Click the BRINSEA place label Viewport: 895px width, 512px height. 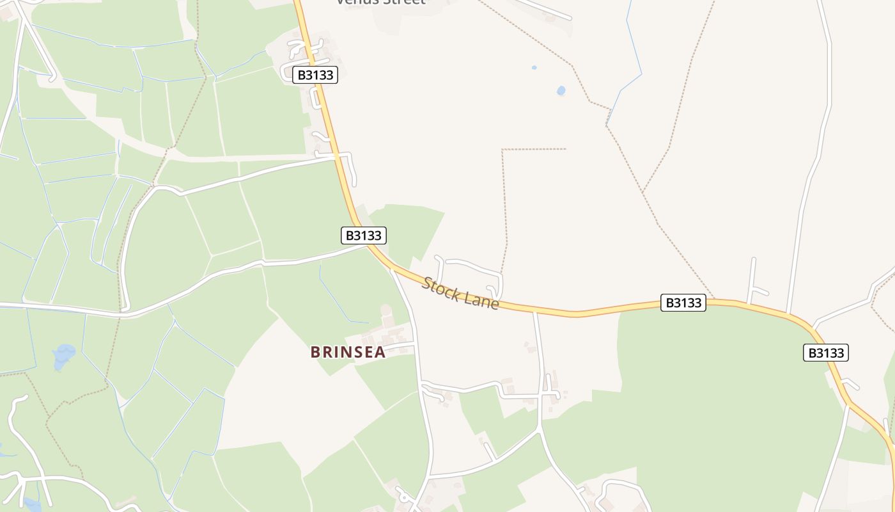pos(348,352)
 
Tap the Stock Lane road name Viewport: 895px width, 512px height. pos(460,293)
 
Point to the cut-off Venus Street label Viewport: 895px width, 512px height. pos(381,3)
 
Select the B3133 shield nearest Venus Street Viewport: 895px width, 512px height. pos(315,75)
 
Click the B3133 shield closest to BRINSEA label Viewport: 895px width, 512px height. pos(363,236)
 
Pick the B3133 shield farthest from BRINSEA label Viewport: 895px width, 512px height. pos(825,353)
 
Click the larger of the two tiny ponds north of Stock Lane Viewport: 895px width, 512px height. pos(561,91)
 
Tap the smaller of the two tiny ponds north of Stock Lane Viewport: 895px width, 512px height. pos(534,67)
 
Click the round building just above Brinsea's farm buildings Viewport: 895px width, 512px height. pos(385,310)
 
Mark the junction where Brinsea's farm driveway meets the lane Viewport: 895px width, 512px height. pos(415,345)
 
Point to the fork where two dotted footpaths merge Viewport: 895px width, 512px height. pos(642,191)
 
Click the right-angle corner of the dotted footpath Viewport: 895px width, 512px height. pos(503,150)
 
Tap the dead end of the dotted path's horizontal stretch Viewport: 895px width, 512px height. pos(566,149)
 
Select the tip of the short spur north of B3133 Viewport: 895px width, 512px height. pos(753,259)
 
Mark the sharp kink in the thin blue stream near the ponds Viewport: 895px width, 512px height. pos(641,74)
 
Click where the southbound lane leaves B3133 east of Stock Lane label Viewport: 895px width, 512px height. pos(535,312)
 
